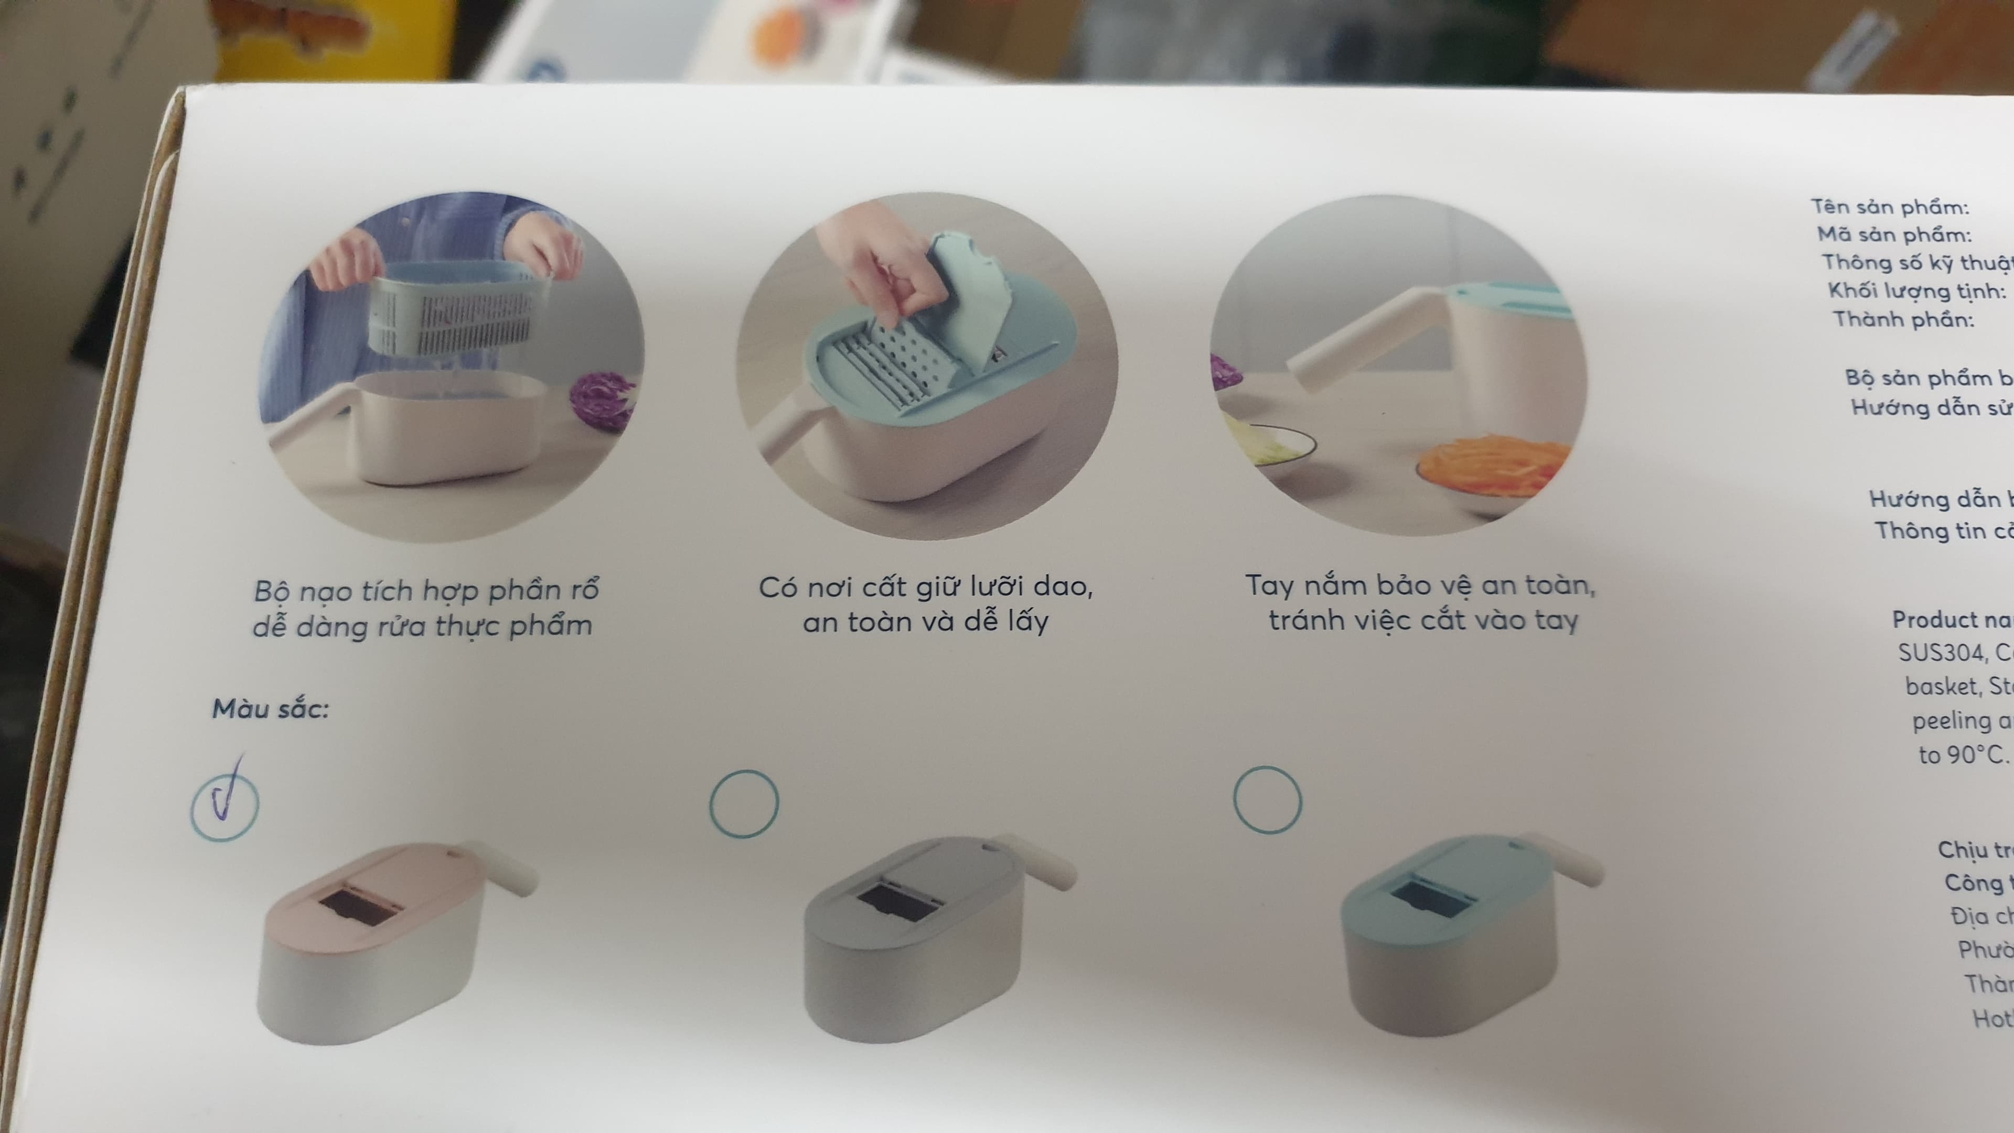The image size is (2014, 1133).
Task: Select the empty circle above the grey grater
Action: (x=744, y=803)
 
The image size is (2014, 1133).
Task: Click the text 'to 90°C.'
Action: (x=1963, y=755)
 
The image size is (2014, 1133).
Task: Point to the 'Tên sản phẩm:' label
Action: (x=1890, y=207)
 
